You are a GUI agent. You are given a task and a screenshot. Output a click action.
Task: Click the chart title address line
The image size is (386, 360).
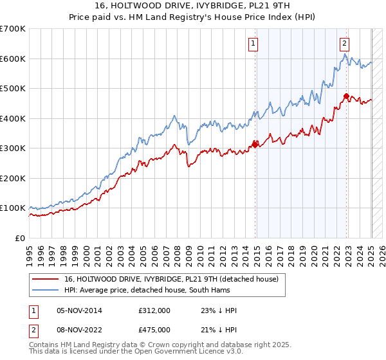pos(193,6)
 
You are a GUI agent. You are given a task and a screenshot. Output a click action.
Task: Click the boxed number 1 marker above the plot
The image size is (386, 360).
pos(253,44)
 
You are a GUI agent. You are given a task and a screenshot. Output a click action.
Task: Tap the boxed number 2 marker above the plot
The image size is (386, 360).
pos(345,44)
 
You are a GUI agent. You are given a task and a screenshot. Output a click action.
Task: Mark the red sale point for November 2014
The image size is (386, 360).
pos(255,144)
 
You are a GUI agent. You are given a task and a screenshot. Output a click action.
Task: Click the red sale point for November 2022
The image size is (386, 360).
pos(347,96)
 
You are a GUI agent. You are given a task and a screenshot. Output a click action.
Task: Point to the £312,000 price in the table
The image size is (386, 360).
pos(154,310)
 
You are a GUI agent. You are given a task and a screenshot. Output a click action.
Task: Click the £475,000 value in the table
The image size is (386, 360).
pos(154,330)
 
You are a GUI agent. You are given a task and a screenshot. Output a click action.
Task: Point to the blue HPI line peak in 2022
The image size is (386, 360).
pos(345,55)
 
